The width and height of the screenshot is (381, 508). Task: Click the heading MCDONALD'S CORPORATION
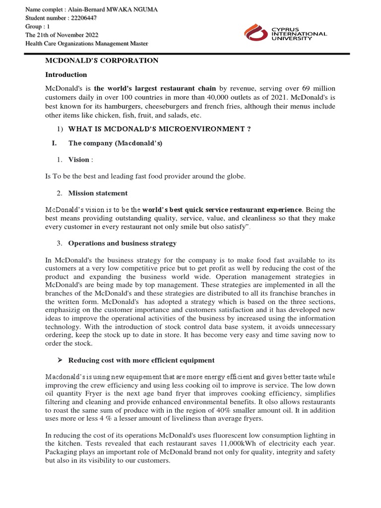click(x=102, y=61)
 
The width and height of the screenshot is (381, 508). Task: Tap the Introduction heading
click(x=66, y=75)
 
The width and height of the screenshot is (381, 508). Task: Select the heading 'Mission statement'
click(x=98, y=193)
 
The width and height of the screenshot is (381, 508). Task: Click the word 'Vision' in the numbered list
click(x=79, y=159)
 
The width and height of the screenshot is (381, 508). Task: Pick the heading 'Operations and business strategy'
click(x=122, y=243)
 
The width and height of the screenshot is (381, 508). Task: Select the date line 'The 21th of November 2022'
click(x=62, y=35)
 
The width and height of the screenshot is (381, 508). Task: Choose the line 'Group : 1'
click(x=38, y=26)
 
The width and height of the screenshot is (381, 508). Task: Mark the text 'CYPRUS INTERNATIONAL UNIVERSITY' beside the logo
click(x=299, y=34)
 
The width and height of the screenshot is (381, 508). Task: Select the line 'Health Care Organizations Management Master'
click(x=87, y=43)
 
